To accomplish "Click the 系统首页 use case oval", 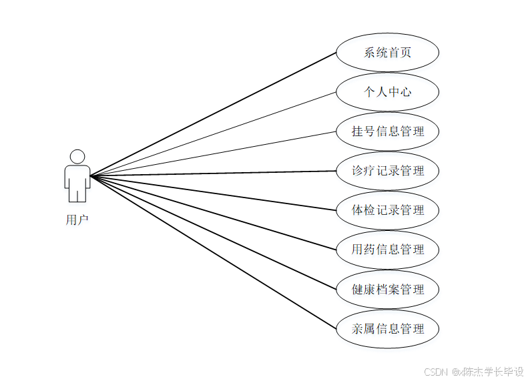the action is coord(387,52).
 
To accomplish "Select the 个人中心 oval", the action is coord(387,91).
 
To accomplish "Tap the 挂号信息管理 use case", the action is coord(387,131).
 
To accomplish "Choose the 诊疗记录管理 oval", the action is coord(387,170).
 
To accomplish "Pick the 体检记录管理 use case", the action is coord(387,210).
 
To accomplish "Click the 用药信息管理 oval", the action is coord(387,249).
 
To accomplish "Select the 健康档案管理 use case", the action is coord(387,289).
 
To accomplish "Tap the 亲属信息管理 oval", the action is coord(387,328).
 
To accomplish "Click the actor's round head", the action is coord(77,157).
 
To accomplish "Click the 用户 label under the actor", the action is coord(77,220).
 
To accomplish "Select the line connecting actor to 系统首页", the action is coord(214,114).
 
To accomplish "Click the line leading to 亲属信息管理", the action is coord(214,253).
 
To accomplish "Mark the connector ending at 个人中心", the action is coord(214,134).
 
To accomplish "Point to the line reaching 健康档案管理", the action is coord(214,233).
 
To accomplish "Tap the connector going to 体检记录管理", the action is coord(214,194).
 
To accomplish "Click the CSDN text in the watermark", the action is coord(435,371).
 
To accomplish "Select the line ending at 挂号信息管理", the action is coord(214,153).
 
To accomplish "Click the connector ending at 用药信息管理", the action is coord(214,214).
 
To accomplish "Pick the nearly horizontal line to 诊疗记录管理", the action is coord(214,173).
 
